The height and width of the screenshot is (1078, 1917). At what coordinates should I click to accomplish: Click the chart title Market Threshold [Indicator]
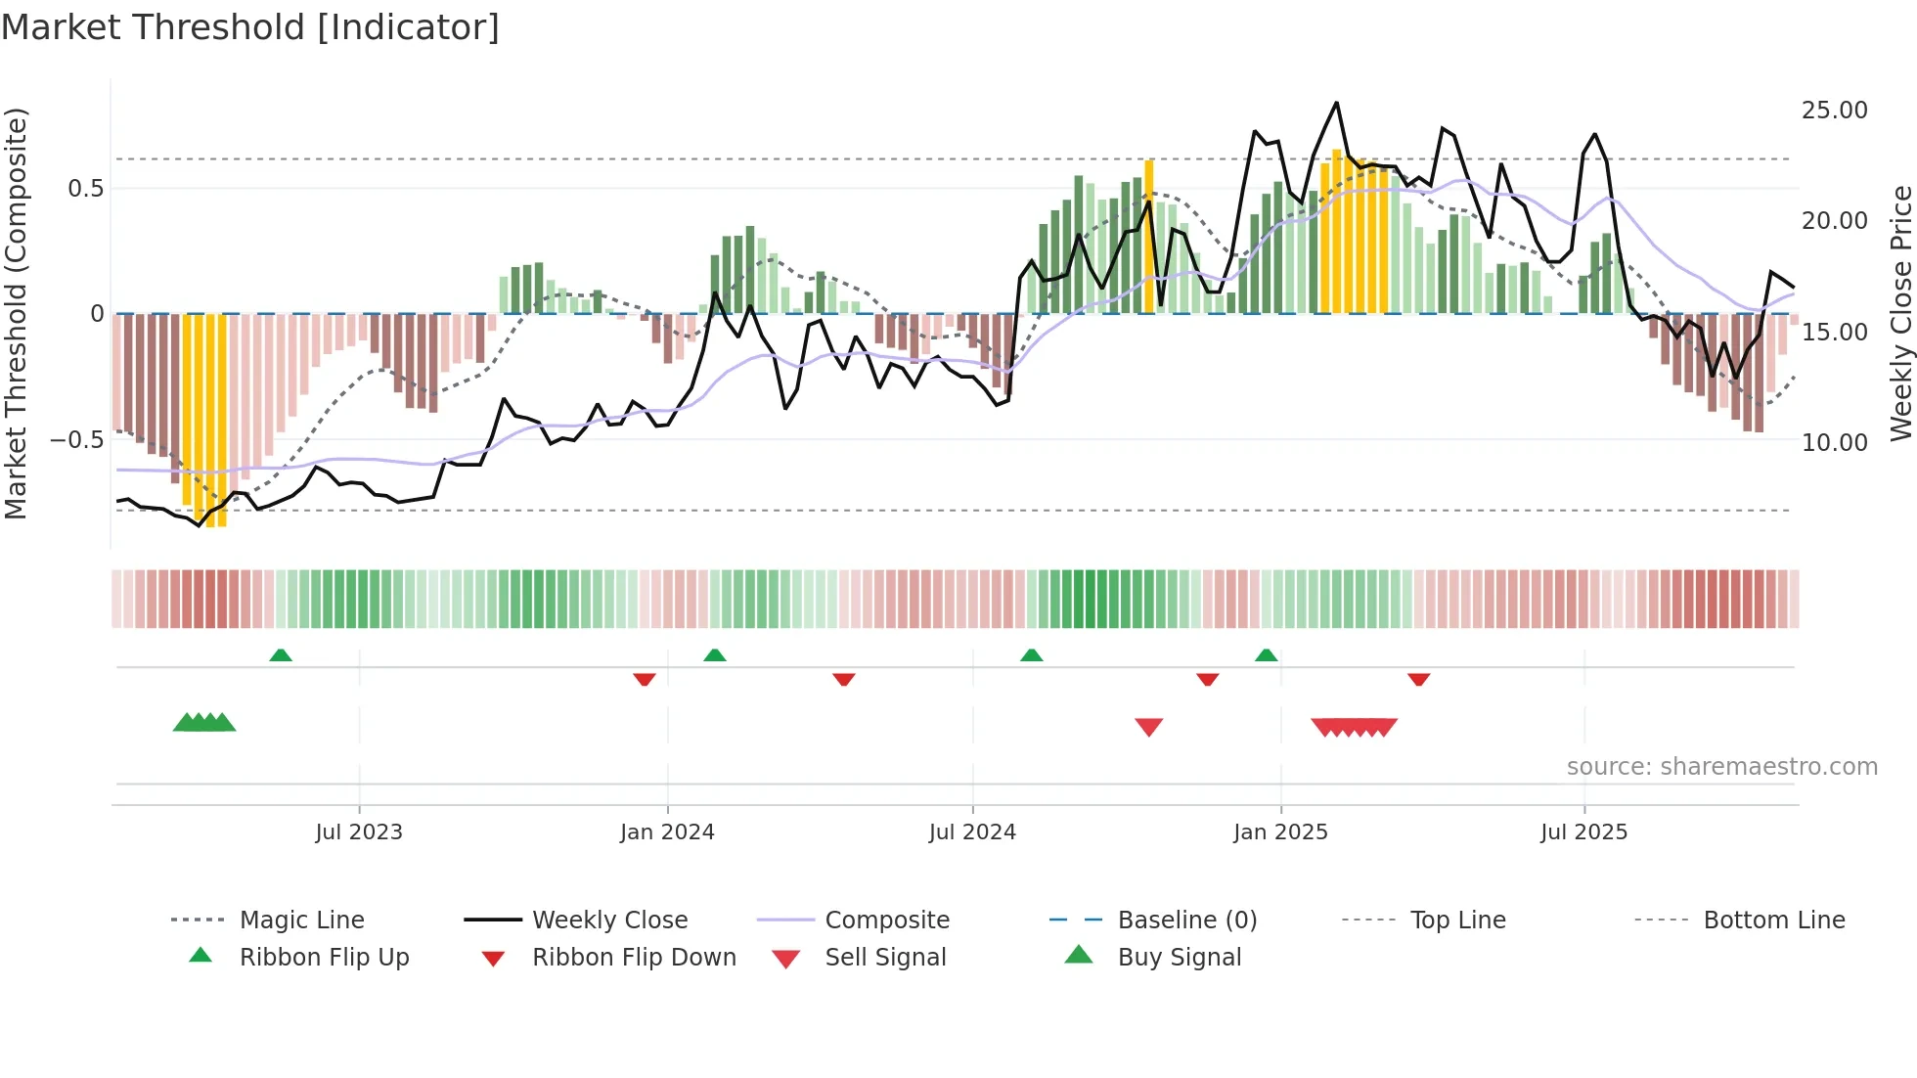[x=250, y=27]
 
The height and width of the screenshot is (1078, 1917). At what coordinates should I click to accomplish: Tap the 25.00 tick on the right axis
[x=1834, y=111]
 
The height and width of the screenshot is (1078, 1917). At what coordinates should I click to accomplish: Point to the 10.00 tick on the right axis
[x=1834, y=443]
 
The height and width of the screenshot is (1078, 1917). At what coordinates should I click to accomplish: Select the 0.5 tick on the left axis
[x=85, y=189]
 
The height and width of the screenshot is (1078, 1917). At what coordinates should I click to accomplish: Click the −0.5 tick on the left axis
[x=76, y=440]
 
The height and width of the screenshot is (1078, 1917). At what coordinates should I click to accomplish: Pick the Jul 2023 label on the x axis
[x=359, y=832]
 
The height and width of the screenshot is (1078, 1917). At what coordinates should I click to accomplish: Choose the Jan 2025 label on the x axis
[x=1280, y=832]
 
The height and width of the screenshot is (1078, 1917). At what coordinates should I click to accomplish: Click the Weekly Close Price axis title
[x=1900, y=313]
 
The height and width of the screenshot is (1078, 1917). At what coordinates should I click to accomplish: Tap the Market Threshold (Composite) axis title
[x=16, y=313]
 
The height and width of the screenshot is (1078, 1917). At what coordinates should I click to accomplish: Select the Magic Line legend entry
[x=301, y=921]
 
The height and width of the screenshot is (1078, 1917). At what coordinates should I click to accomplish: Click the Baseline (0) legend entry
[x=1186, y=921]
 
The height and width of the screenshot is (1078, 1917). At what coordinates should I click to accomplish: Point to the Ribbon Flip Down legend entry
[x=633, y=958]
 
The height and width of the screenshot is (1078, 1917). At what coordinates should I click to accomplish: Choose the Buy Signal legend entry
[x=1179, y=958]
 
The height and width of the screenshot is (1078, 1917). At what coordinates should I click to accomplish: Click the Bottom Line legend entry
[x=1773, y=921]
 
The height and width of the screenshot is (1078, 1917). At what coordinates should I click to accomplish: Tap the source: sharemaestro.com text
[x=1721, y=767]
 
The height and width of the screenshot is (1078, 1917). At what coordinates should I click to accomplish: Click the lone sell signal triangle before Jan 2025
[x=1149, y=727]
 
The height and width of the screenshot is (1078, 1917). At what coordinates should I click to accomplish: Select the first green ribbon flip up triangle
[x=281, y=655]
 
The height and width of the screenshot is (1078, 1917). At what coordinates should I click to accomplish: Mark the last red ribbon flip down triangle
[x=1419, y=679]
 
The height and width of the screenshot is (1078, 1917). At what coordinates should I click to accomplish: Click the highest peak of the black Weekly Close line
[x=1336, y=103]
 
